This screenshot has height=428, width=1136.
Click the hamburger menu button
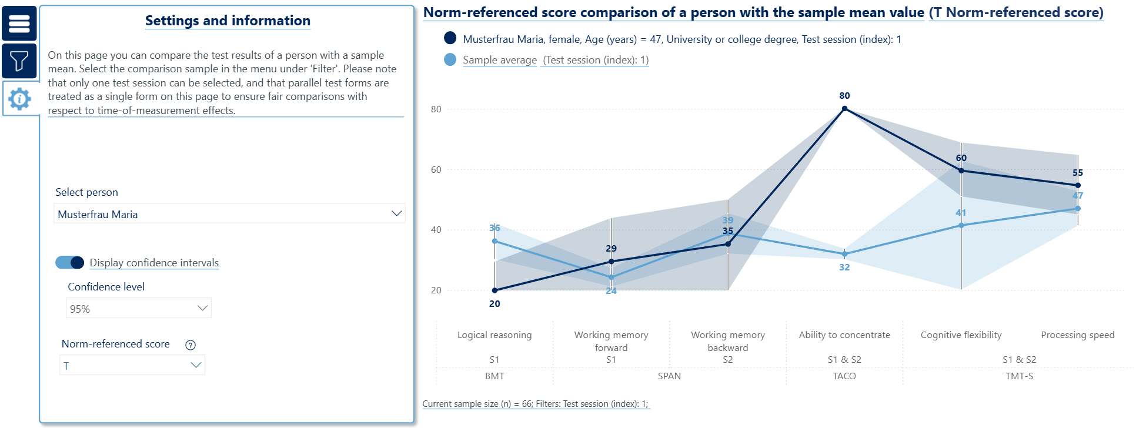pos(19,24)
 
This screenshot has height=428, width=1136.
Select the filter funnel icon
pos(19,61)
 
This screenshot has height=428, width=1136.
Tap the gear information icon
pos(20,99)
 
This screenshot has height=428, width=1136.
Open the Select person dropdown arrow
pos(396,213)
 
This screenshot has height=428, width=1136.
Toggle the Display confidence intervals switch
pos(70,262)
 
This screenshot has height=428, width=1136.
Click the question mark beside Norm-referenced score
pos(191,345)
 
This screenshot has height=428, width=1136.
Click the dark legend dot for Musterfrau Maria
pos(450,38)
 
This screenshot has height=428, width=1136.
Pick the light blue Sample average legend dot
pos(450,59)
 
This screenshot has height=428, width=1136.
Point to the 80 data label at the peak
pos(844,96)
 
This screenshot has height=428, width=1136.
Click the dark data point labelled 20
pos(495,290)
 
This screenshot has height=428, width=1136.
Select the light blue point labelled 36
pos(495,241)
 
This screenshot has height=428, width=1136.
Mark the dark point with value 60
pos(961,170)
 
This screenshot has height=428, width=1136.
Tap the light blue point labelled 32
pos(844,255)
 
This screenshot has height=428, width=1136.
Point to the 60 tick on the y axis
pos(436,170)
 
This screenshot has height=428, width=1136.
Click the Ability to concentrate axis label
pos(844,335)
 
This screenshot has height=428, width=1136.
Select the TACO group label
pos(844,376)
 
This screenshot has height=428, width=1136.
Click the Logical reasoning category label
pos(495,335)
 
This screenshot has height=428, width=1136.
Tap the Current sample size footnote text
pos(535,404)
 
